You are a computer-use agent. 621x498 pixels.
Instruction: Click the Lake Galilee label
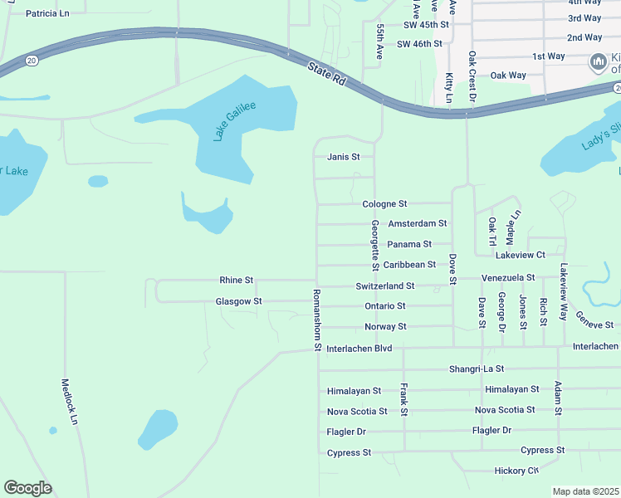click(x=235, y=121)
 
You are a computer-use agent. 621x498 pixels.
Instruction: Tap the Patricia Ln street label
click(x=47, y=14)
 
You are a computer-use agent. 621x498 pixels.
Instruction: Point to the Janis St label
click(x=343, y=157)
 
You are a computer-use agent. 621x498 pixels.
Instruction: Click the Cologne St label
click(x=384, y=204)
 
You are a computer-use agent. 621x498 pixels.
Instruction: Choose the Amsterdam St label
click(x=418, y=224)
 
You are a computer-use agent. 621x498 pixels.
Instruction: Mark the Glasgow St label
click(x=238, y=301)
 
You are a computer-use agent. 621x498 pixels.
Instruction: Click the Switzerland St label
click(x=384, y=286)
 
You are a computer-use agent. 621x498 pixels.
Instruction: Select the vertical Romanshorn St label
click(x=316, y=320)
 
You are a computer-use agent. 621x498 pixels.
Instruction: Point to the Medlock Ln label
click(x=70, y=403)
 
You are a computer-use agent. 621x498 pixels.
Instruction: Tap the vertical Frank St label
click(x=403, y=399)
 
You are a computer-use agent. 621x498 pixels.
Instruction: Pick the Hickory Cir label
click(x=516, y=471)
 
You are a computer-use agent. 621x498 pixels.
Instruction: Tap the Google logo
click(x=27, y=487)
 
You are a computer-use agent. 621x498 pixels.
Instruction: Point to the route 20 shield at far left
click(x=32, y=60)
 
